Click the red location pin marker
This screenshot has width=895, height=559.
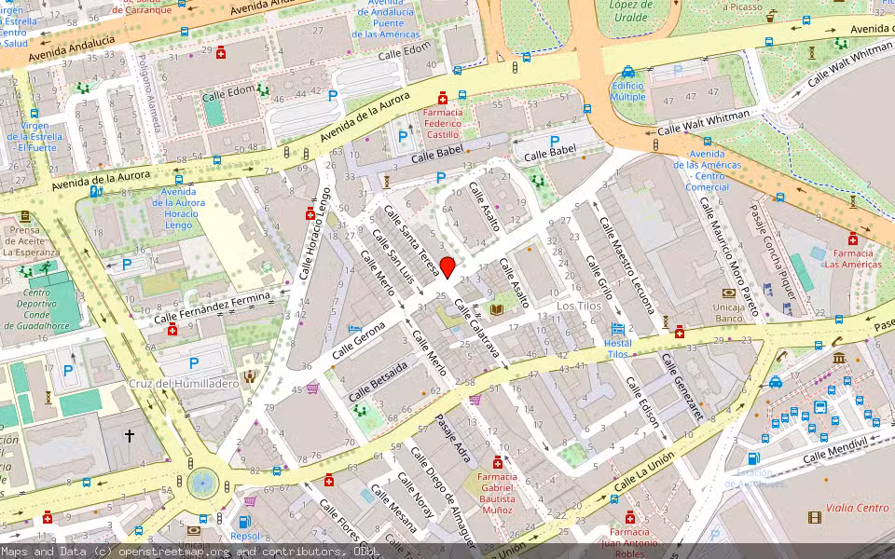pyautogui.click(x=447, y=267)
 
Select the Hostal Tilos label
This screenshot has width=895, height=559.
pyautogui.click(x=618, y=348)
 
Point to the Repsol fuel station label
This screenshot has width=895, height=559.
pyautogui.click(x=245, y=536)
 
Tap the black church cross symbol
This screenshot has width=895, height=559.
pyautogui.click(x=130, y=435)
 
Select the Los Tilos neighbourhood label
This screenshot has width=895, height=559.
pyautogui.click(x=579, y=306)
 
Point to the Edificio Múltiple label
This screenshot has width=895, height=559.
pyautogui.click(x=627, y=90)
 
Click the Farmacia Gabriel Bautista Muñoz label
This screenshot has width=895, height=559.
pyautogui.click(x=497, y=492)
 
